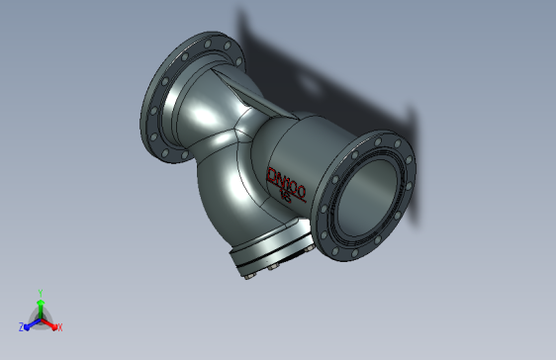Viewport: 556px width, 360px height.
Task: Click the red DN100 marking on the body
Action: [x=290, y=181]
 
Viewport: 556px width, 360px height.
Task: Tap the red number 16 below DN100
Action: [x=285, y=196]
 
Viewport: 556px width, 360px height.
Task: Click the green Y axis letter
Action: [x=40, y=293]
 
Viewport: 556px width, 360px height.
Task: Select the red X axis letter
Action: [x=59, y=326]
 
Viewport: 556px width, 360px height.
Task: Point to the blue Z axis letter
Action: [x=22, y=326]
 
